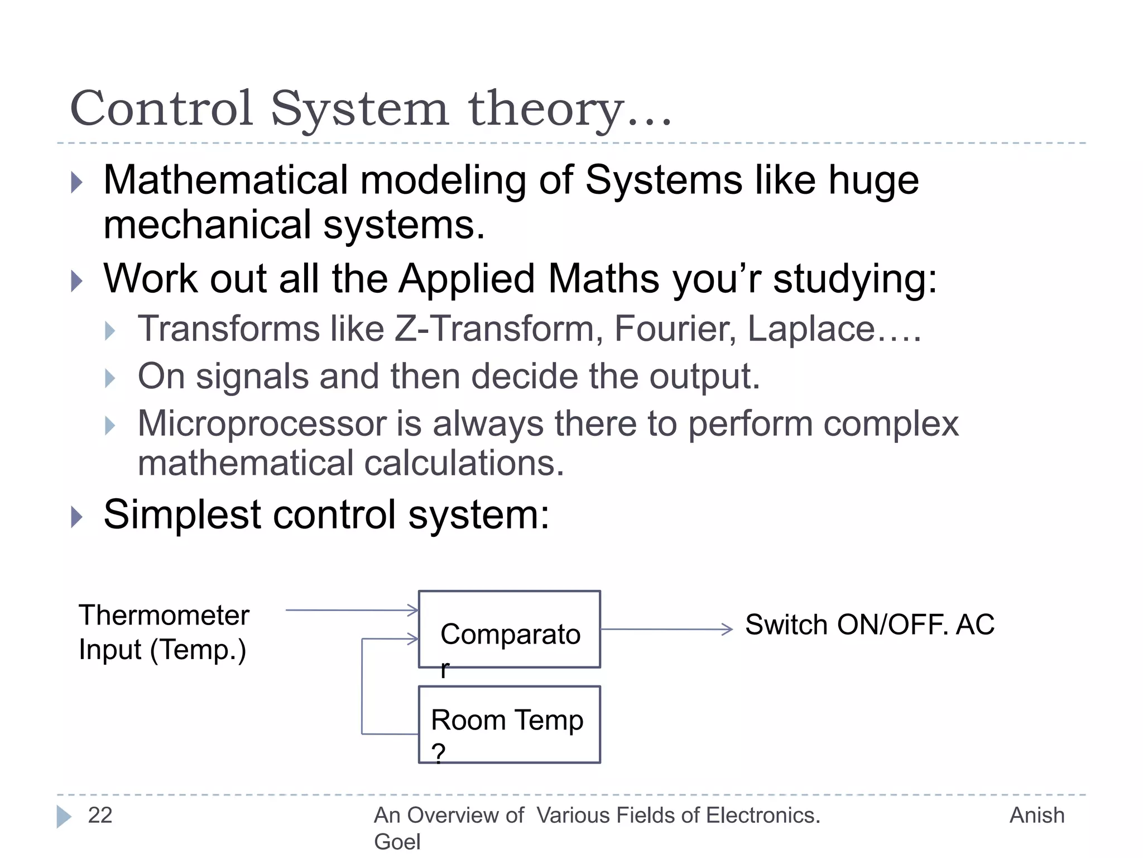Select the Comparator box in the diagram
click(509, 629)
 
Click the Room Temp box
click(509, 724)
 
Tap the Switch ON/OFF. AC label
click(870, 625)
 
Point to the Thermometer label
click(164, 616)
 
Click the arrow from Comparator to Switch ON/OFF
click(666, 630)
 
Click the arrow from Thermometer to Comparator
click(352, 610)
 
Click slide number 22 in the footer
click(100, 816)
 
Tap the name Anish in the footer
click(1036, 816)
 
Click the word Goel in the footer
click(397, 841)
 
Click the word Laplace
click(811, 328)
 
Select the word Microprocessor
click(262, 423)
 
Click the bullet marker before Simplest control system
click(77, 517)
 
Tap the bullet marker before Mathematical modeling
click(77, 182)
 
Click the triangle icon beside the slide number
click(64, 817)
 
